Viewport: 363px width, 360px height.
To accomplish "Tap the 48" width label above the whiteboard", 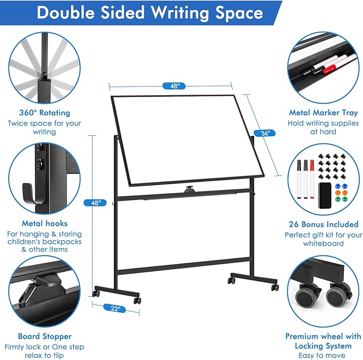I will point(171,86).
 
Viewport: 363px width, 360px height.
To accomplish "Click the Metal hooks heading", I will point(44,224).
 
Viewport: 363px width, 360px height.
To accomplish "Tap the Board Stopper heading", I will point(44,336).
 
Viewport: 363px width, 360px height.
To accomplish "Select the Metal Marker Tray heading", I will point(323,113).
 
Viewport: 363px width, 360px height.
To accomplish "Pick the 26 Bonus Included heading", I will point(323,225).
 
